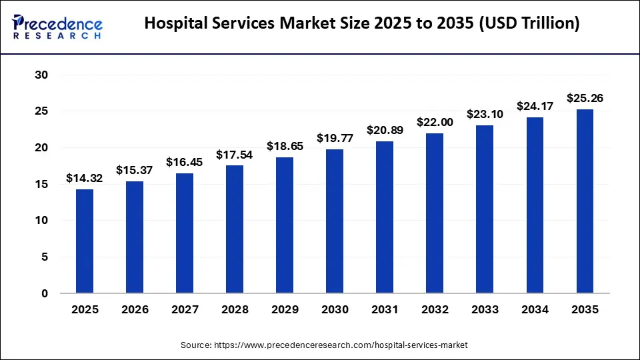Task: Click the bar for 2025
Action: point(85,241)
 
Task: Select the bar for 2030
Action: point(335,221)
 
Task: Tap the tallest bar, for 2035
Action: point(585,201)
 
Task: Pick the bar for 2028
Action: point(235,229)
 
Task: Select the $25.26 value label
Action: point(585,98)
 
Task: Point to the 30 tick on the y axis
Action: point(41,75)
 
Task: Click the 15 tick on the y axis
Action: point(41,184)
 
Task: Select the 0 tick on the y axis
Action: point(45,293)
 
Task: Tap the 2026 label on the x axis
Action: point(135,310)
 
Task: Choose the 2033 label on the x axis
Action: point(485,310)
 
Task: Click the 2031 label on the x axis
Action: point(385,310)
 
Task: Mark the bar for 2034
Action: point(535,205)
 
